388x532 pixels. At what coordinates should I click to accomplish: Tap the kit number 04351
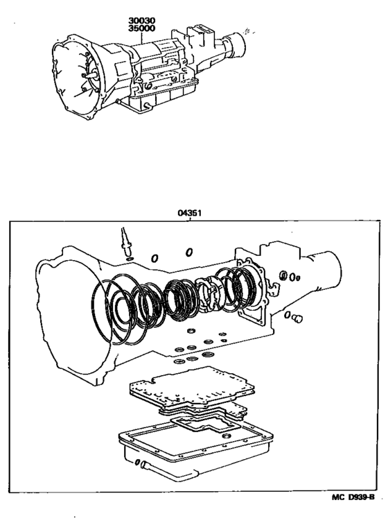pos(189,214)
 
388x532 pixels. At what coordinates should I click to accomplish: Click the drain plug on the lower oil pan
pos(142,465)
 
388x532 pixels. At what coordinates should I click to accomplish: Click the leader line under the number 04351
pos(189,220)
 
